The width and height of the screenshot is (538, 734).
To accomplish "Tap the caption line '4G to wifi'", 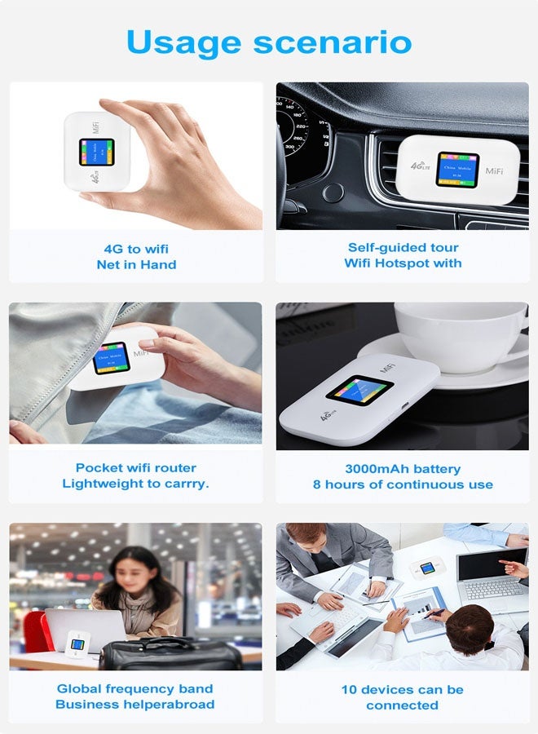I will coord(136,249).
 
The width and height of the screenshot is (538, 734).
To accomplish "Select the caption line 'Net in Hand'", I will coord(136,264).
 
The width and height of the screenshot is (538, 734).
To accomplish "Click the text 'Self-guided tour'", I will coord(403,247).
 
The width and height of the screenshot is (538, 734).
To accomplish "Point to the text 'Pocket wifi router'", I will coord(136,467).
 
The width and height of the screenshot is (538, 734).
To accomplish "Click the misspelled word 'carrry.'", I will coord(185,484).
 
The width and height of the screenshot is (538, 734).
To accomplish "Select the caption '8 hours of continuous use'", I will coord(403,484).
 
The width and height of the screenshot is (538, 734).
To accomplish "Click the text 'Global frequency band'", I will coord(135,688).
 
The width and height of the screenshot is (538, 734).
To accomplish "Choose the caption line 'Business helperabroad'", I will coord(135,705).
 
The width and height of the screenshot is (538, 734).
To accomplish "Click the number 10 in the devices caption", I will coord(350,690).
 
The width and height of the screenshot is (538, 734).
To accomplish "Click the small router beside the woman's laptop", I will coord(77,645).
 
